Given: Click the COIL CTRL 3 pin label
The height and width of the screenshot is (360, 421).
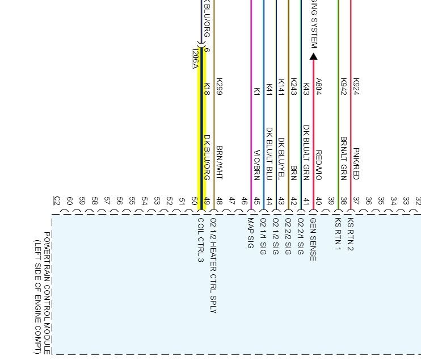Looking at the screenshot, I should pos(200,240).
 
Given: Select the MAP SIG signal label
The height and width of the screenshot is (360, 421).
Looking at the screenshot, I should pos(250,233).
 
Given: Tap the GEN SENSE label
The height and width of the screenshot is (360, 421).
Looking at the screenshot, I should pos(313,239).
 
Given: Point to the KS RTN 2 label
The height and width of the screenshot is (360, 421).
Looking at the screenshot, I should pos(350,234).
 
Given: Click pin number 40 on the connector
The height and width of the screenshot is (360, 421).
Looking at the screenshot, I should pos(318,200).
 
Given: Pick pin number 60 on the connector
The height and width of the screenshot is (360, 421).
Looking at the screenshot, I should pos(69,200).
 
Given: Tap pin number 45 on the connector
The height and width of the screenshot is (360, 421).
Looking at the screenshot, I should pos(256,200).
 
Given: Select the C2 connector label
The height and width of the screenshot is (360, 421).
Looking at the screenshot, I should pos(57,200).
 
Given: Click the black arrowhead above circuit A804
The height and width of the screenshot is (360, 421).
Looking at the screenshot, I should pos(313,56).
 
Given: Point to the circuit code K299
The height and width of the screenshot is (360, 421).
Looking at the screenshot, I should pos(220,86).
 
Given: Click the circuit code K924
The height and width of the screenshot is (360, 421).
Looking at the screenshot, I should pos(356,86).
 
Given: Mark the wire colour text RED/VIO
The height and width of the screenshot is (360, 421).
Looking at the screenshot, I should pos(318,165).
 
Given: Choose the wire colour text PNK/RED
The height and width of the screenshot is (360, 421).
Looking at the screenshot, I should pos(356,164).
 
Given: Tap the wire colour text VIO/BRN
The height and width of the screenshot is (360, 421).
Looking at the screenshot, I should pos(256,165).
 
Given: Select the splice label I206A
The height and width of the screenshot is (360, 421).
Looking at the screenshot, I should pos(195,58).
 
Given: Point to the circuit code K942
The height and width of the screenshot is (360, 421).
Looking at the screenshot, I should pos(343,86).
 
